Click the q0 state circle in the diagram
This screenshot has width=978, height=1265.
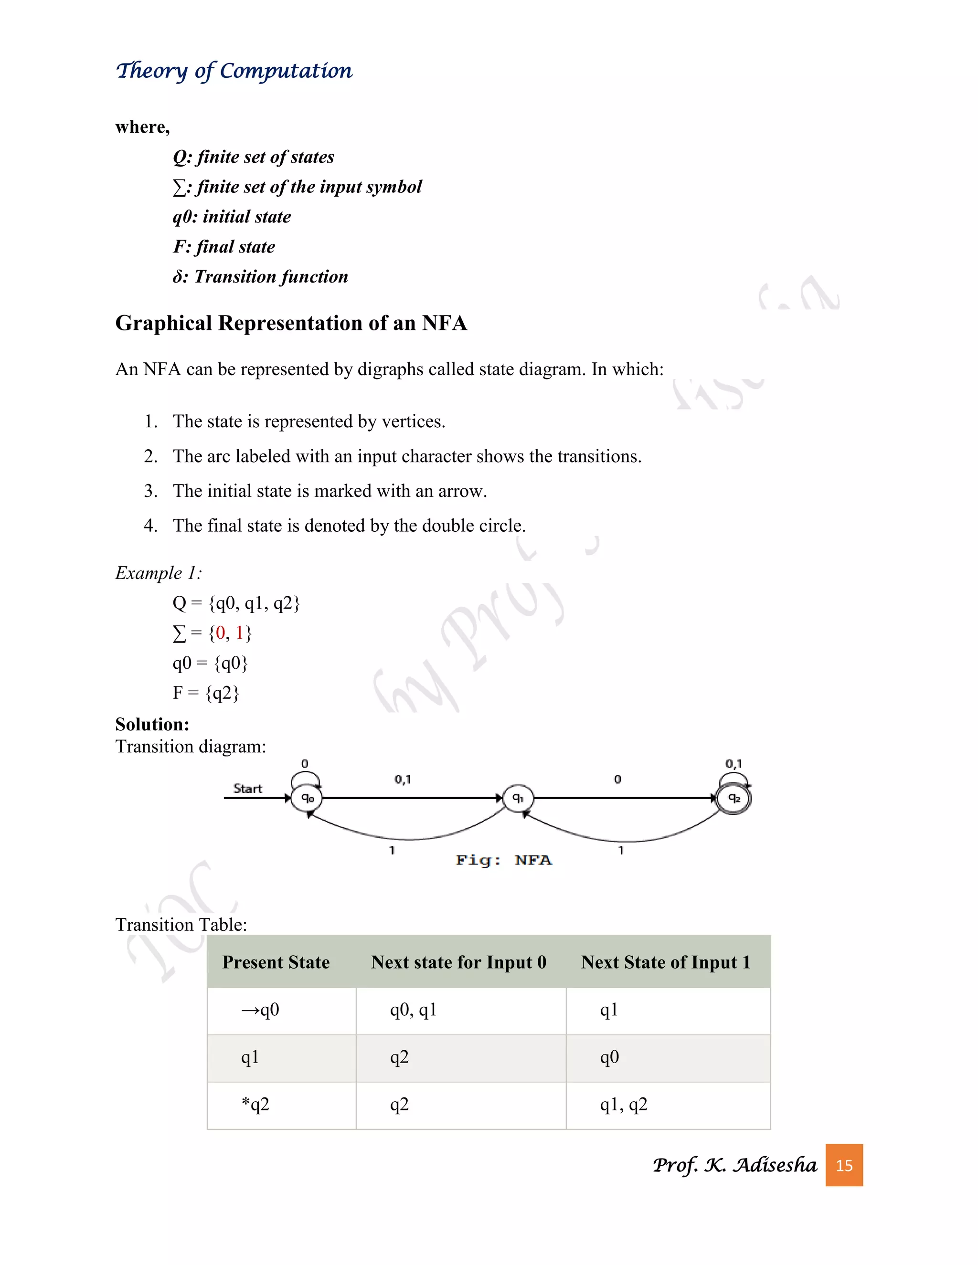pos(307,798)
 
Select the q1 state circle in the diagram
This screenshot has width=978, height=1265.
pos(517,798)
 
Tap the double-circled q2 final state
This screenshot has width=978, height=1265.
pos(733,798)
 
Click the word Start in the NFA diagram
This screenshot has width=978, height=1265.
pos(247,788)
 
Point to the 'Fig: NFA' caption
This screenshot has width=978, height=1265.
pos(503,860)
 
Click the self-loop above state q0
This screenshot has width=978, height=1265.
pos(305,778)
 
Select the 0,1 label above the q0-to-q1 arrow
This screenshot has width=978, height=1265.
pos(403,780)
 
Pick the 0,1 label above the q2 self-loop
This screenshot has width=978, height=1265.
pos(733,764)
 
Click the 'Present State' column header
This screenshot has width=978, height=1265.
pos(276,962)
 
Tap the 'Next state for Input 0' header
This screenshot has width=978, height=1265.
pos(458,962)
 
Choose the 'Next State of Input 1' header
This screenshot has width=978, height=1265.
pos(666,962)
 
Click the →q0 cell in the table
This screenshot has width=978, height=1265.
pos(260,1010)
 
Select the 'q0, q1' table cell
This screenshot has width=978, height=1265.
pos(413,1010)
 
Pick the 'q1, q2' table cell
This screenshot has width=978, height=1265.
pos(623,1105)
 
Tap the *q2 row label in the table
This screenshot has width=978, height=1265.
pos(255,1105)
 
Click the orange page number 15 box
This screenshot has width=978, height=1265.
pos(844,1165)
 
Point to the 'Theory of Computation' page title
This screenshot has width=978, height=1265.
pos(234,71)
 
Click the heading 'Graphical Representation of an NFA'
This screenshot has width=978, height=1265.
pos(291,323)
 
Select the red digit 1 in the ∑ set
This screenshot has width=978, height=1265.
pos(239,632)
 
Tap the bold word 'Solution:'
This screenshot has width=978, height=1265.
pos(152,724)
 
